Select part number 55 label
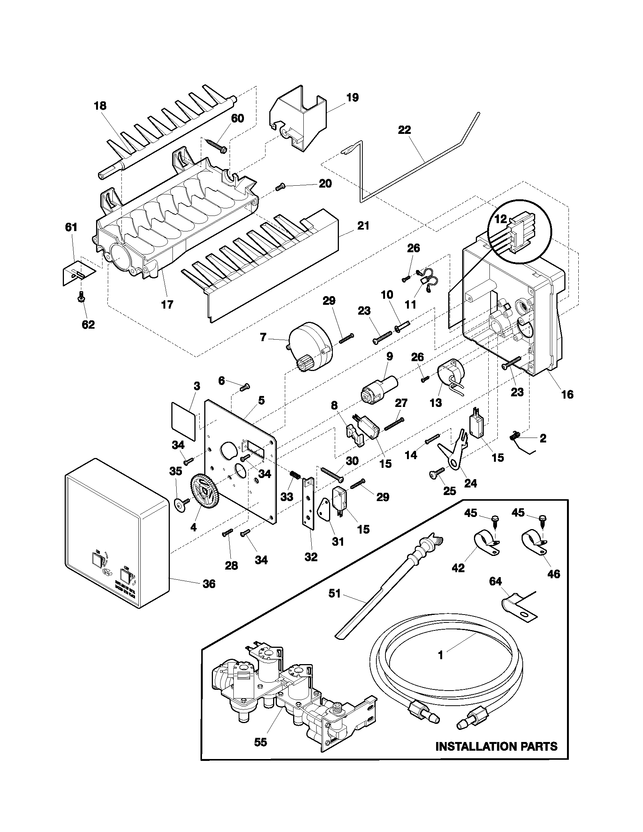tap(261, 753)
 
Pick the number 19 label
tap(353, 98)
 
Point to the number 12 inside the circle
tap(500, 219)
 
